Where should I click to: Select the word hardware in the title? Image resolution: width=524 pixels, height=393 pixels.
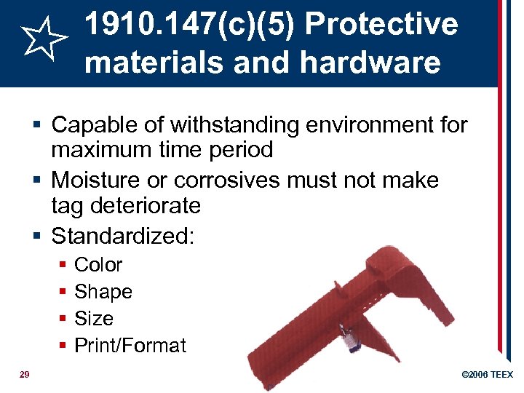tap(370, 63)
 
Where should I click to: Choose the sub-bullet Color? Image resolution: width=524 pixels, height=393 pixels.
tap(98, 265)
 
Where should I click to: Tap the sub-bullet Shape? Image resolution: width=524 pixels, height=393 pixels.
tap(103, 292)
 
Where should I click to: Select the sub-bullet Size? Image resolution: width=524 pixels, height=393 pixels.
tap(94, 319)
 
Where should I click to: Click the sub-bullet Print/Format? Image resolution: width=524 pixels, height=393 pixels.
tap(130, 346)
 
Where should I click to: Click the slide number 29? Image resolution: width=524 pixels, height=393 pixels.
tap(24, 374)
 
